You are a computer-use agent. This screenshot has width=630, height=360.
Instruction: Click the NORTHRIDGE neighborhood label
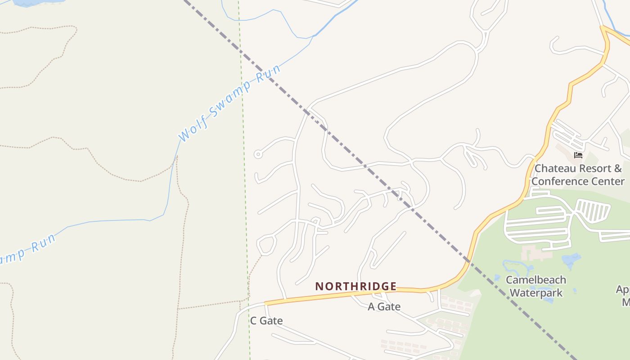356,287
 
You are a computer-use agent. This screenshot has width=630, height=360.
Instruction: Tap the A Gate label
384,307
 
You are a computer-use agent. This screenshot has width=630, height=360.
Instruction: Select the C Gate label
266,321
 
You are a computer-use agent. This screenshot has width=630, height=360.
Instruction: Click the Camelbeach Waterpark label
536,286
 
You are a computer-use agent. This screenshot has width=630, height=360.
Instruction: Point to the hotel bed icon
578,155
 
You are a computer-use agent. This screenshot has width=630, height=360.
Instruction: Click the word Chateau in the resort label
553,169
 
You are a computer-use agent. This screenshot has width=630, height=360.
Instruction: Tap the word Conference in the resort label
560,181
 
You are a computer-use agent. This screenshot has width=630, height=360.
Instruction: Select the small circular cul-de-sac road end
258,154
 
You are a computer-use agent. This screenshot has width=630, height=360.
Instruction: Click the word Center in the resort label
607,181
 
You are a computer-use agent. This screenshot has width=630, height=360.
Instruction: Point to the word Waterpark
536,293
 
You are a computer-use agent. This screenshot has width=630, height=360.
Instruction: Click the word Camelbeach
536,280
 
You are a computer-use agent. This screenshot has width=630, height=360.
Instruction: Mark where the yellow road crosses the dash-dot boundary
468,261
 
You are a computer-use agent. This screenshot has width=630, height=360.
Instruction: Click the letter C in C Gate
253,321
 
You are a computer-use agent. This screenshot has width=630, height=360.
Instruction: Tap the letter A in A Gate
372,307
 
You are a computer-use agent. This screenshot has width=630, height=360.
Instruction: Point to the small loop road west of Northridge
266,244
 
